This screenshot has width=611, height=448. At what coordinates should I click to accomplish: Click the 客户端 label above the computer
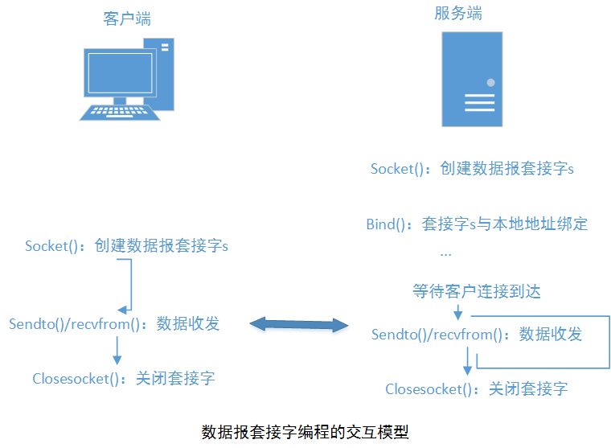pyautogui.click(x=127, y=18)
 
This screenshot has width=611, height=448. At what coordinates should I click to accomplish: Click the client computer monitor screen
pyautogui.click(x=118, y=73)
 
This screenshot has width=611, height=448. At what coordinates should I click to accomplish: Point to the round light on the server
pyautogui.click(x=490, y=82)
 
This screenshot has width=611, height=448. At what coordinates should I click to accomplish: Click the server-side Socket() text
pyautogui.click(x=400, y=169)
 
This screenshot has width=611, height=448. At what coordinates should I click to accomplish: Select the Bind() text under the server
pyautogui.click(x=392, y=224)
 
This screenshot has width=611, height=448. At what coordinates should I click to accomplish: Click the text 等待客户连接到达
pyautogui.click(x=477, y=290)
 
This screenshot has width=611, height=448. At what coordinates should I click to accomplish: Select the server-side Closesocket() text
pyautogui.click(x=429, y=389)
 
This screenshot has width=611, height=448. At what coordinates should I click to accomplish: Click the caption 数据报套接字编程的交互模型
pyautogui.click(x=305, y=432)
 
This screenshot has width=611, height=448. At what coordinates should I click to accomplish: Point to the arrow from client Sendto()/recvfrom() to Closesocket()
pyautogui.click(x=117, y=351)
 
